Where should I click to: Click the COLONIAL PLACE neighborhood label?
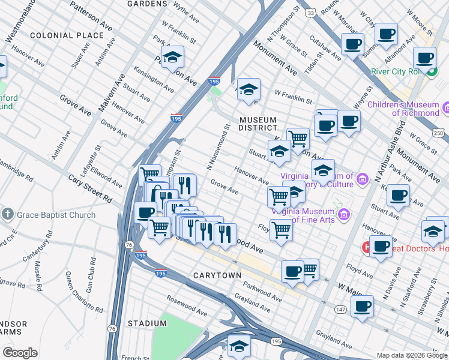tap(67, 35)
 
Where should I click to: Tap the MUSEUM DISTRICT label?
tap(258, 123)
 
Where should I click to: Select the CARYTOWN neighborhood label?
tap(217, 275)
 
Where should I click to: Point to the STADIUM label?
tap(147, 323)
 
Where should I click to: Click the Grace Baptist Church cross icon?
tap(7, 215)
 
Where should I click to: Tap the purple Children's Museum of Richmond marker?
tap(445, 109)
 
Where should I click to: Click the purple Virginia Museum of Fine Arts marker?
tap(344, 215)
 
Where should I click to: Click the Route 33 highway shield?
tap(310, 12)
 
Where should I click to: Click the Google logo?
tap(20, 353)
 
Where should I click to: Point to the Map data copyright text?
tap(412, 355)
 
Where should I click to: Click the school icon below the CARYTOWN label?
tap(239, 346)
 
